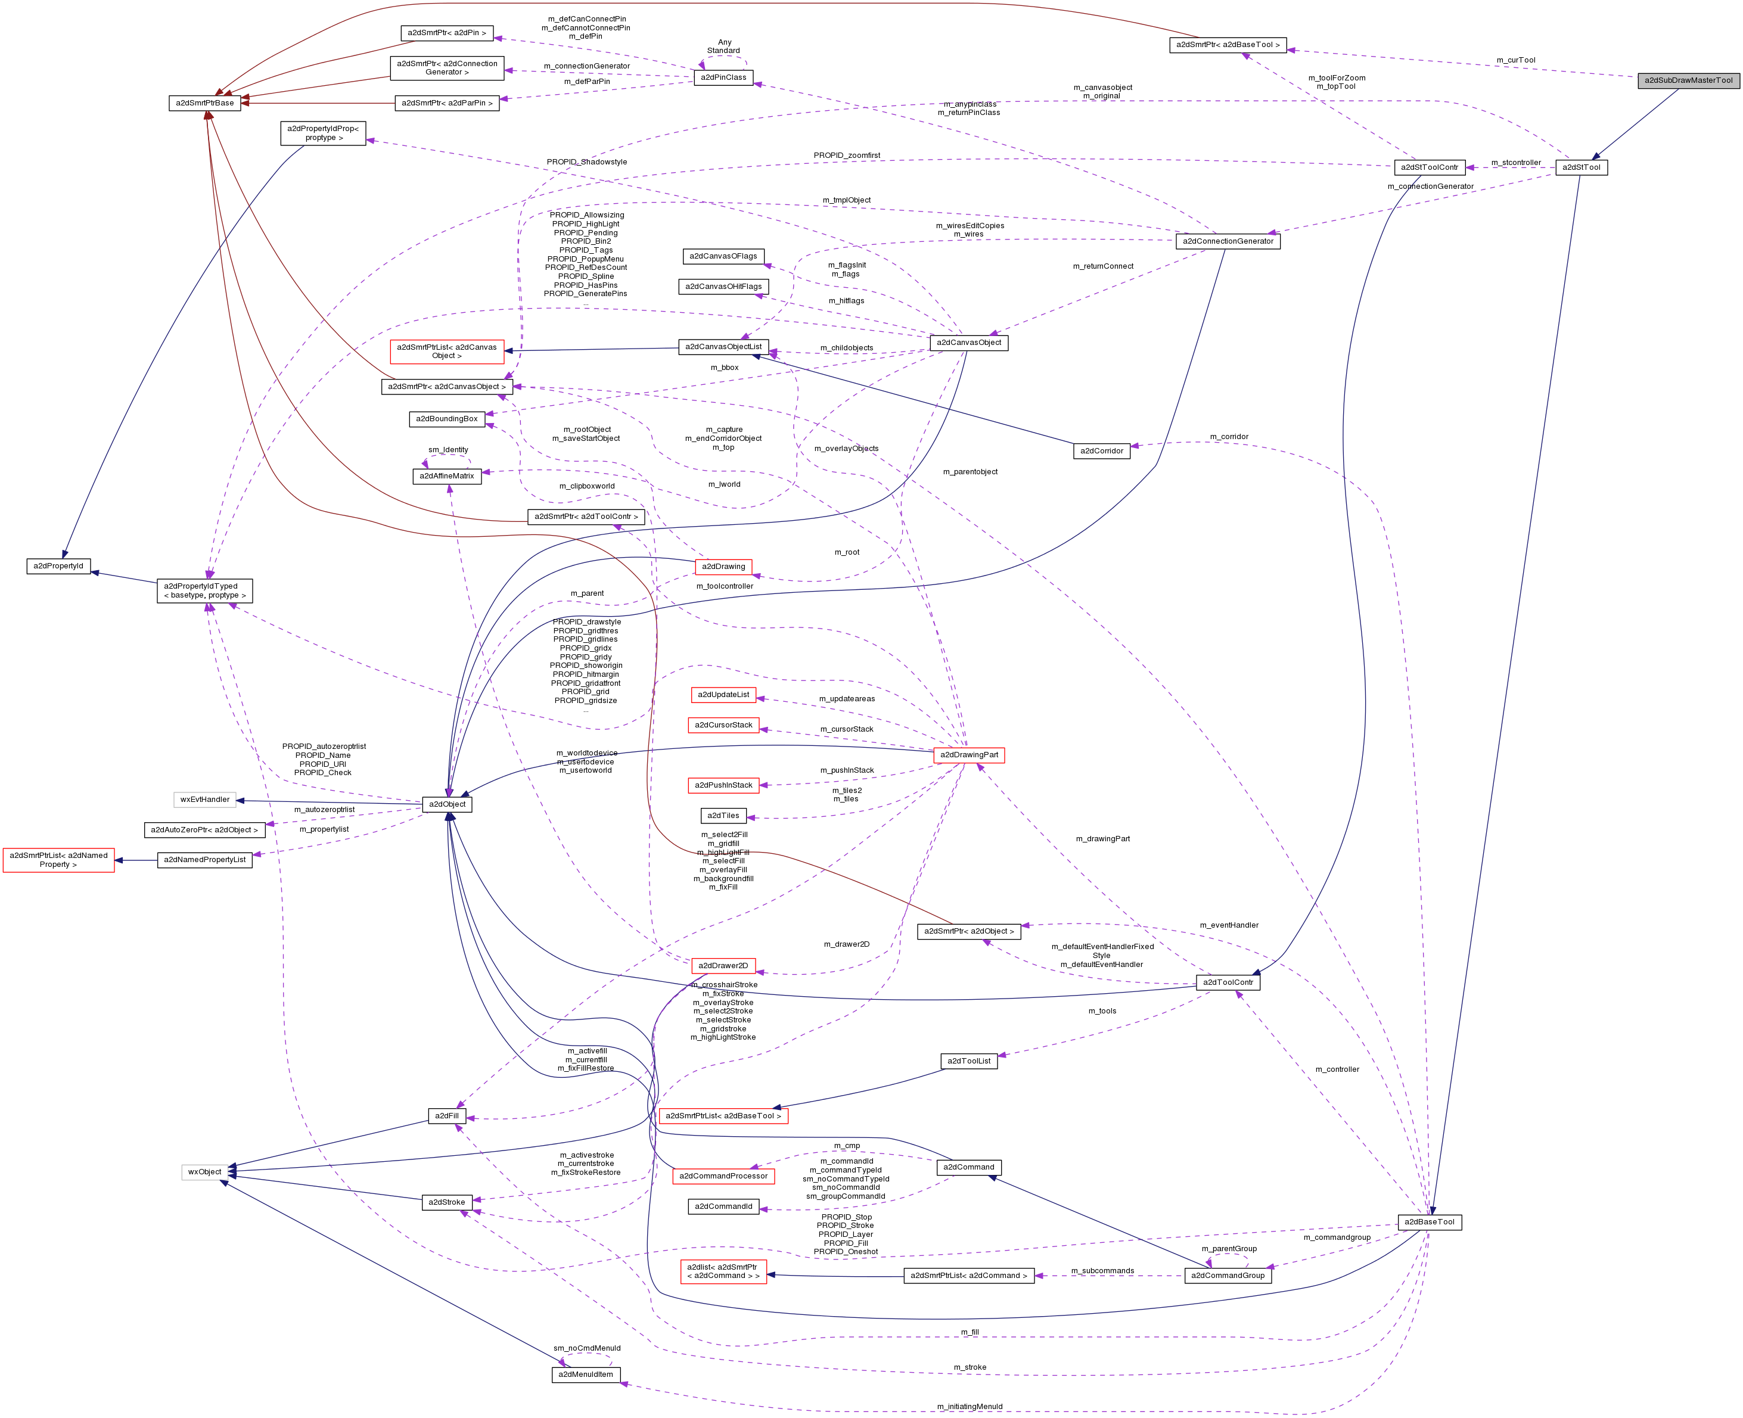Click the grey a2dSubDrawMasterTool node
pyautogui.click(x=1688, y=80)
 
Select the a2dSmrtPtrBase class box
pyautogui.click(x=205, y=103)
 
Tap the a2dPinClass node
pyautogui.click(x=723, y=77)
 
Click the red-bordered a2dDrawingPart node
pyautogui.click(x=969, y=755)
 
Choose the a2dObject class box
pyautogui.click(x=447, y=804)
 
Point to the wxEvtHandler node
pyautogui.click(x=205, y=800)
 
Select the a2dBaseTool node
pyautogui.click(x=1430, y=1222)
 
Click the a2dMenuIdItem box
pyautogui.click(x=586, y=1375)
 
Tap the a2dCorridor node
pyautogui.click(x=1101, y=451)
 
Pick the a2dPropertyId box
pyautogui.click(x=59, y=566)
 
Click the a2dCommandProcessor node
pyautogui.click(x=723, y=1176)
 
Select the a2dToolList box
pyautogui.click(x=969, y=1061)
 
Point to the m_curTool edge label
pyautogui.click(x=1516, y=60)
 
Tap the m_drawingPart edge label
pyautogui.click(x=1102, y=839)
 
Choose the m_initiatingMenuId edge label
pyautogui.click(x=970, y=1407)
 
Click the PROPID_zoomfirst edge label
pyautogui.click(x=846, y=155)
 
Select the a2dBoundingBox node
pyautogui.click(x=447, y=419)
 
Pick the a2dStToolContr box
pyautogui.click(x=1430, y=167)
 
